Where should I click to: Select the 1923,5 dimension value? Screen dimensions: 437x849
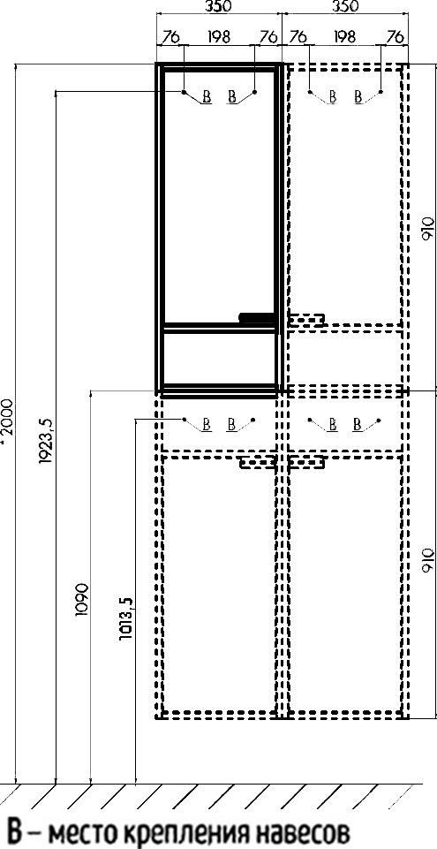point(45,442)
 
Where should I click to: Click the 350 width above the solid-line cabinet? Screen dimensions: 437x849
point(219,7)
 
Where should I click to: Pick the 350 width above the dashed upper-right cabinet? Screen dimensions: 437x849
point(345,7)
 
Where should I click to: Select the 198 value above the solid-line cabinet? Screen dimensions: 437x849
point(219,37)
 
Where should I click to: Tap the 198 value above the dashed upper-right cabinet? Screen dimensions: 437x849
point(344,37)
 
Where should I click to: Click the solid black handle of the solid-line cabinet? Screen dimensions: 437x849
point(258,318)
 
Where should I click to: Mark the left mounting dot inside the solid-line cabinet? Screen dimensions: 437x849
point(184,92)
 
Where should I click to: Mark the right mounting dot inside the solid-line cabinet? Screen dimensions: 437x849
point(255,92)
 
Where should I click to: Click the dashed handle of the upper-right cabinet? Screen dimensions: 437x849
point(305,320)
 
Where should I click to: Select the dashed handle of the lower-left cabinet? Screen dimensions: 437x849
point(258,462)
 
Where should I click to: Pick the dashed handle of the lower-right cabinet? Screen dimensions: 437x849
point(306,462)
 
